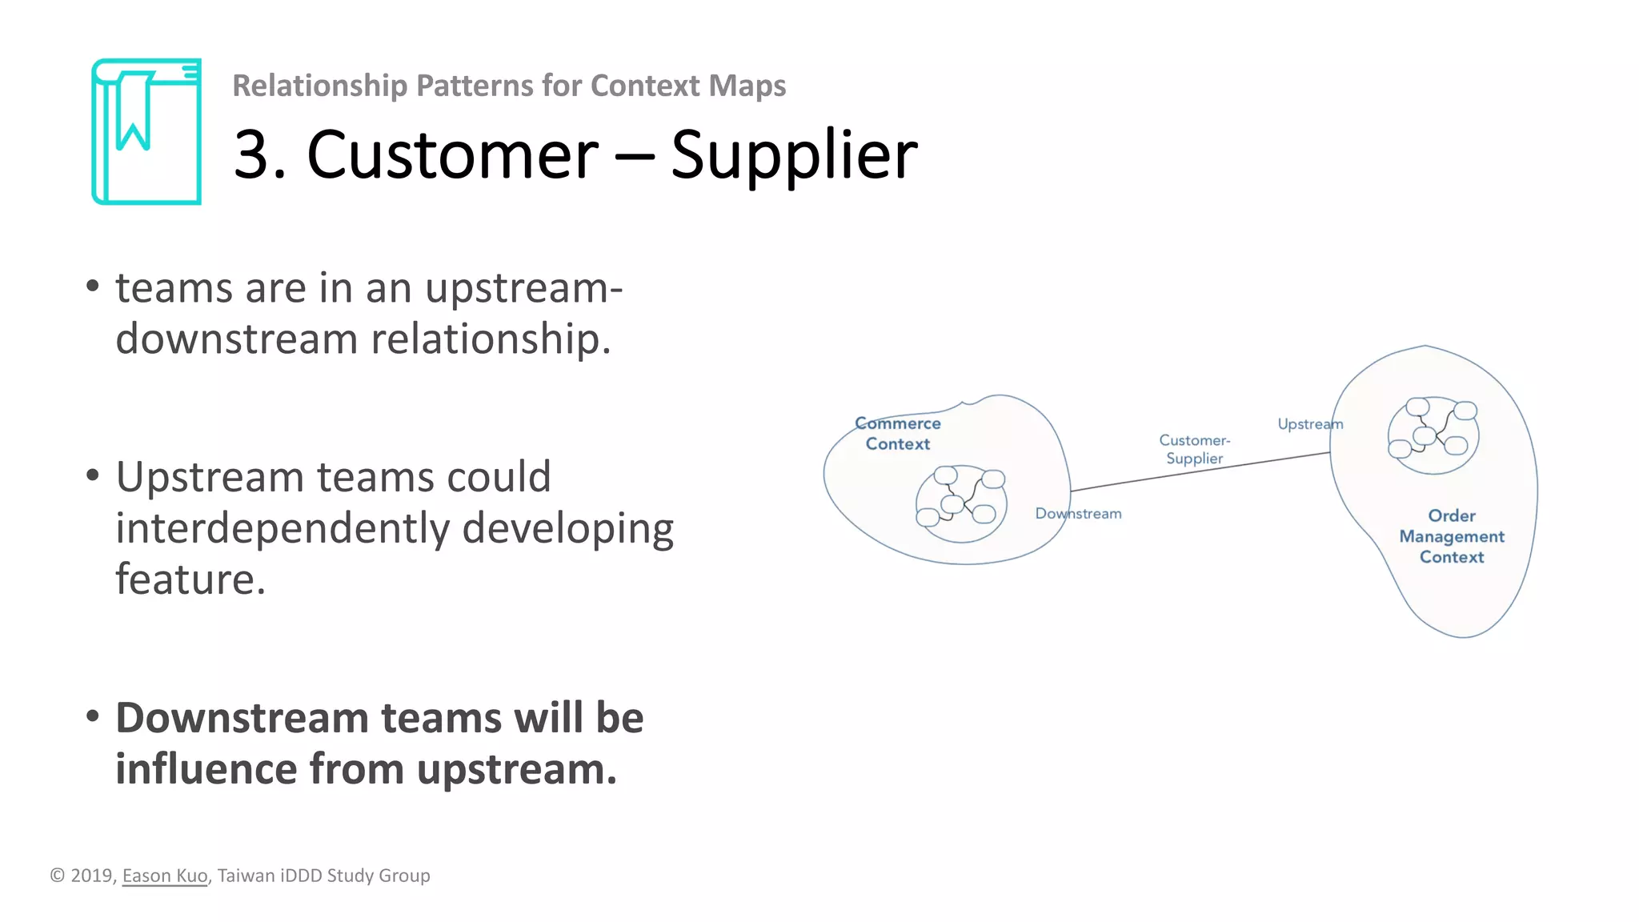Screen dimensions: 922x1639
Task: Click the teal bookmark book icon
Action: coord(146,131)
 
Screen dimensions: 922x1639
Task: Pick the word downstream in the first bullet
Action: coord(236,339)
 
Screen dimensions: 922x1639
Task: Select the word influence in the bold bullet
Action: coord(206,768)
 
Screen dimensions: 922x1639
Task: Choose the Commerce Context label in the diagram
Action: coord(898,434)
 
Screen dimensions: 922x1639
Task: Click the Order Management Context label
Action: coord(1452,536)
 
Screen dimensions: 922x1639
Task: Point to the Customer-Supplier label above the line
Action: coord(1195,449)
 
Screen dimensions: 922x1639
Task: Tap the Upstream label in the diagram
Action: coord(1309,424)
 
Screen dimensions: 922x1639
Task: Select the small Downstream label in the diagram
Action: coord(1078,514)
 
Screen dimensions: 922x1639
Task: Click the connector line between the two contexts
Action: coord(1200,471)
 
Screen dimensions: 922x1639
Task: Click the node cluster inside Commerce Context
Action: coord(961,503)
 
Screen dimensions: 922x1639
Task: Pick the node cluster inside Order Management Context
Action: coord(1433,435)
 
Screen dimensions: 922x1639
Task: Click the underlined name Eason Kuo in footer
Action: coord(165,876)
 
